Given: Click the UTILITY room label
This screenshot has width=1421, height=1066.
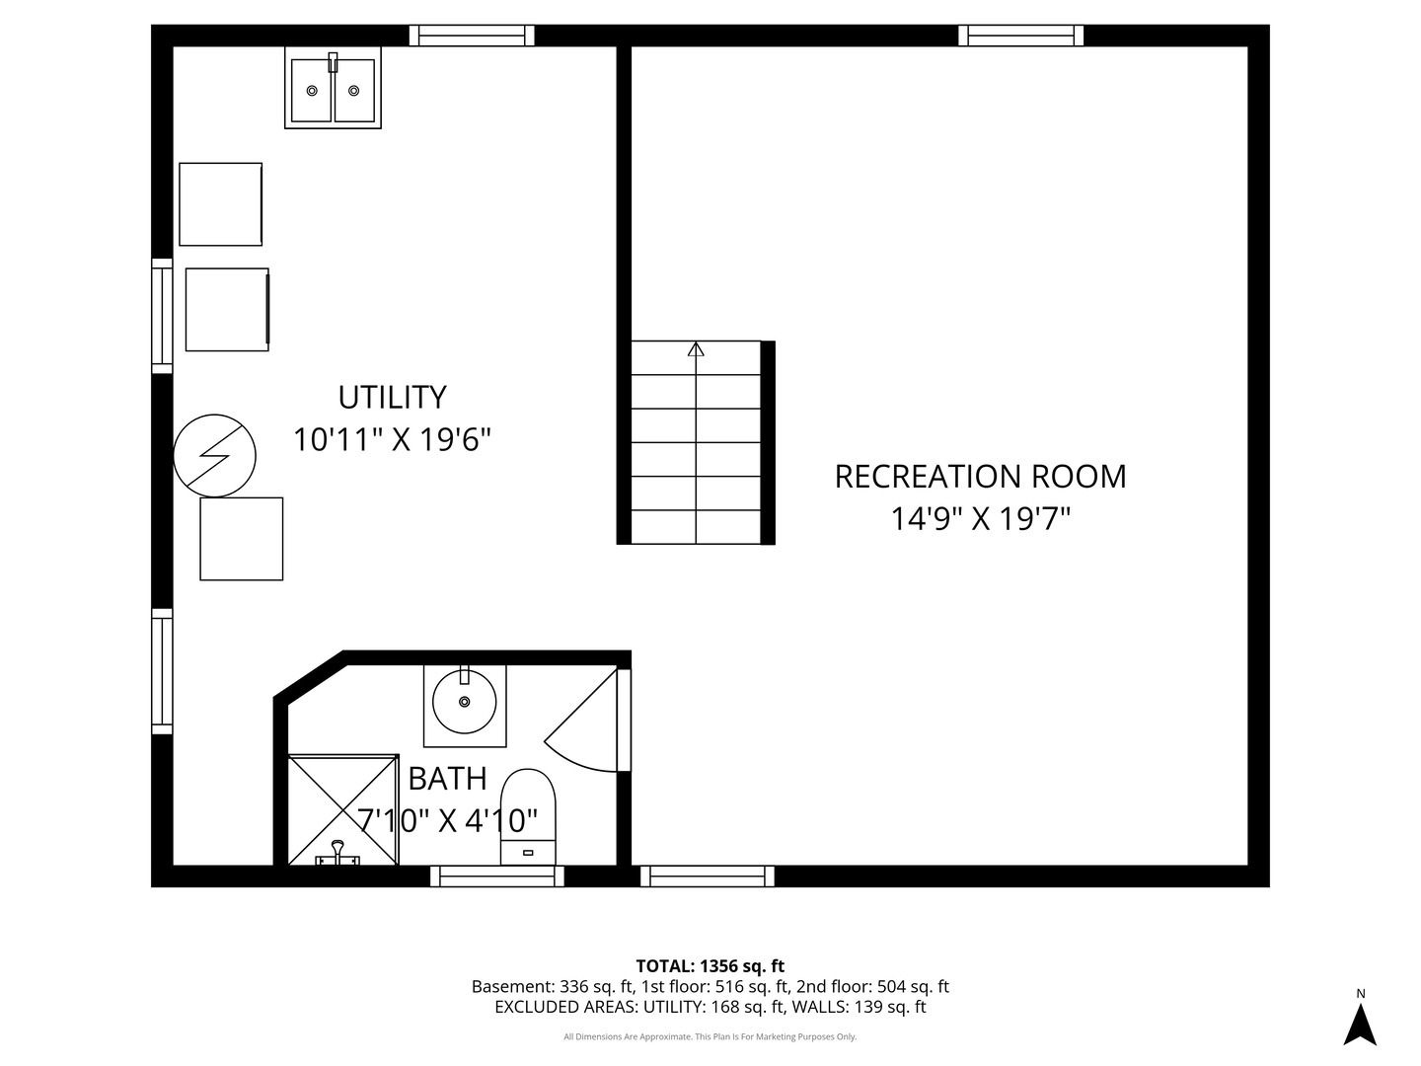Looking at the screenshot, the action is (393, 398).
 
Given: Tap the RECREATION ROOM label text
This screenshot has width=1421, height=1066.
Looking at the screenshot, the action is (980, 477).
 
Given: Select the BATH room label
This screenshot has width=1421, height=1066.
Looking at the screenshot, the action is (447, 779).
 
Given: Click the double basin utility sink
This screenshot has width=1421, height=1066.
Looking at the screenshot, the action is (333, 88).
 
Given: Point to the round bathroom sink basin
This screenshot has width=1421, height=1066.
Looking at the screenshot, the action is (464, 702).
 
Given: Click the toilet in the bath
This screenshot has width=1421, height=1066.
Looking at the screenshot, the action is (528, 817).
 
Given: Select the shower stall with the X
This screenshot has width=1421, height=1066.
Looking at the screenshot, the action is (342, 809).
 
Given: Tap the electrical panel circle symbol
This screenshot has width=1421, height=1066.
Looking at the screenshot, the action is (214, 456).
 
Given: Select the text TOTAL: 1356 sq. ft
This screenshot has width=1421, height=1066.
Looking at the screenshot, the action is (710, 966).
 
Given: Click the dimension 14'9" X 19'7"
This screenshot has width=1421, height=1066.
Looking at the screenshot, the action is (981, 518).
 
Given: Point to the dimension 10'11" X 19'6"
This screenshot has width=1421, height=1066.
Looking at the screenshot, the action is (393, 440).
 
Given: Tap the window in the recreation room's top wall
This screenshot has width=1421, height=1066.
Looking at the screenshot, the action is (1021, 35).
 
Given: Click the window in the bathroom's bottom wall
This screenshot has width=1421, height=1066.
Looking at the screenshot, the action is (497, 876).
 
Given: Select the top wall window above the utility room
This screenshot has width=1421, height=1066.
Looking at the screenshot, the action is (472, 35).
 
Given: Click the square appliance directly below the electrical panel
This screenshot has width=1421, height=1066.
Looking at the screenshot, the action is (242, 539).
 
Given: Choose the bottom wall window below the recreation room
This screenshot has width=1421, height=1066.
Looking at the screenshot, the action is (708, 876).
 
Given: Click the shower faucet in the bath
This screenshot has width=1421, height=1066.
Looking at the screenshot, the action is (337, 854).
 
